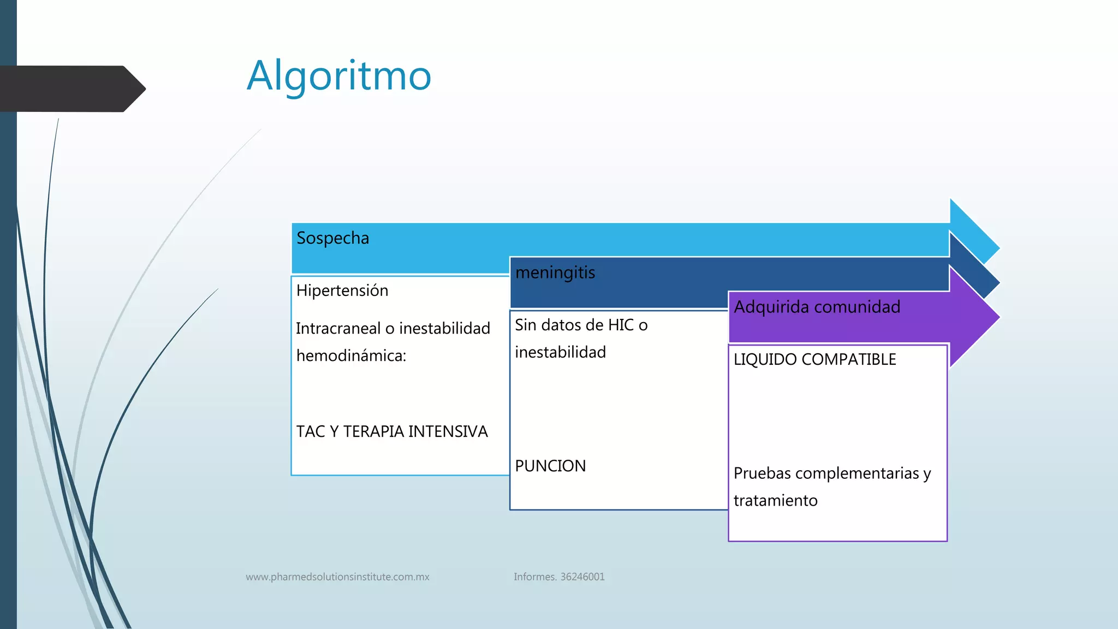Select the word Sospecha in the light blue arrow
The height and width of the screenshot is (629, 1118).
(x=332, y=239)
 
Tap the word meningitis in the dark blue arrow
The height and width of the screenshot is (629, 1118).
(x=555, y=272)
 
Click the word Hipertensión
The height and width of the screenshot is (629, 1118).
(x=342, y=290)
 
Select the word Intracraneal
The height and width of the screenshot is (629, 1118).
(x=338, y=329)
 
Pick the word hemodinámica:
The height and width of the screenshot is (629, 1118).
(x=351, y=356)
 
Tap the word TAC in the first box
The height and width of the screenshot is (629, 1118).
(x=310, y=431)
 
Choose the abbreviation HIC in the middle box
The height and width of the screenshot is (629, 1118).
(x=621, y=325)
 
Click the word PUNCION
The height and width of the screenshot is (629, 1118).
(x=550, y=466)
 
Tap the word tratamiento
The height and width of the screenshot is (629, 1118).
(x=775, y=501)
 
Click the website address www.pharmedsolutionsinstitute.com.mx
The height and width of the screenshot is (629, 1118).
(x=337, y=577)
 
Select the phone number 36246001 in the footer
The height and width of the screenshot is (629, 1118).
(x=582, y=577)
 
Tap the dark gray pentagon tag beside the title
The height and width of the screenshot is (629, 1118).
(x=71, y=89)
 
